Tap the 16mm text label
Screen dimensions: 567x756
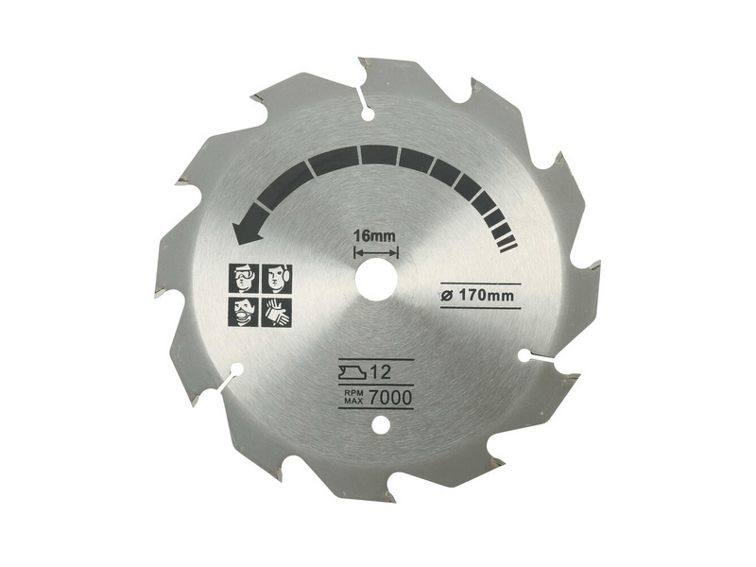pyautogui.click(x=376, y=234)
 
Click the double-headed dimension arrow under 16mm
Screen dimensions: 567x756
pyautogui.click(x=376, y=252)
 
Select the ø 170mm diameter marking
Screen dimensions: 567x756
pyautogui.click(x=480, y=295)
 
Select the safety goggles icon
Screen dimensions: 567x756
pyautogui.click(x=245, y=279)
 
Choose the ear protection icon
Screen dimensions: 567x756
pyautogui.click(x=277, y=279)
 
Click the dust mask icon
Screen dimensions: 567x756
pyautogui.click(x=245, y=311)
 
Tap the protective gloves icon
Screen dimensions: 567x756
pyautogui.click(x=277, y=311)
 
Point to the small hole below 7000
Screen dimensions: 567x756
pyautogui.click(x=380, y=427)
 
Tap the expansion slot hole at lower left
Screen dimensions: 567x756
pyautogui.click(x=236, y=370)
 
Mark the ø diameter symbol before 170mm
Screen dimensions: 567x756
pyautogui.click(x=445, y=295)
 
